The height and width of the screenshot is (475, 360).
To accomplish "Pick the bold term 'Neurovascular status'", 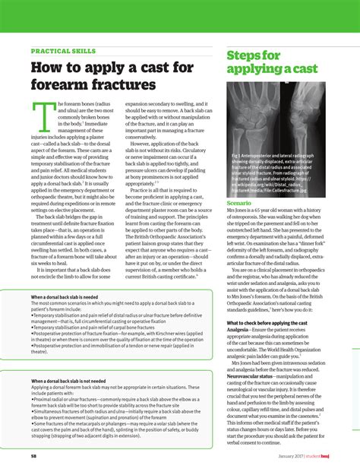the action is tap(254, 375).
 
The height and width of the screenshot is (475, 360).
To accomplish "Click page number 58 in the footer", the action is tap(34, 456).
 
